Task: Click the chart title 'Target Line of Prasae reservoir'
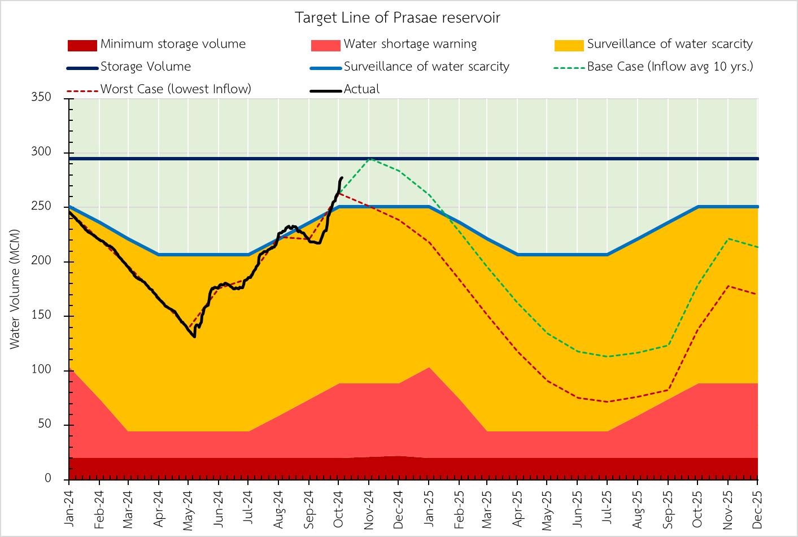click(398, 18)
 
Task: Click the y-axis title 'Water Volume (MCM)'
click(15, 289)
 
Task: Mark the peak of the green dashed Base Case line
click(369, 159)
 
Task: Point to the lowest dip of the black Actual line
click(194, 337)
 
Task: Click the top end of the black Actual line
click(342, 178)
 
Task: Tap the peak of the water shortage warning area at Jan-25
click(429, 368)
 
